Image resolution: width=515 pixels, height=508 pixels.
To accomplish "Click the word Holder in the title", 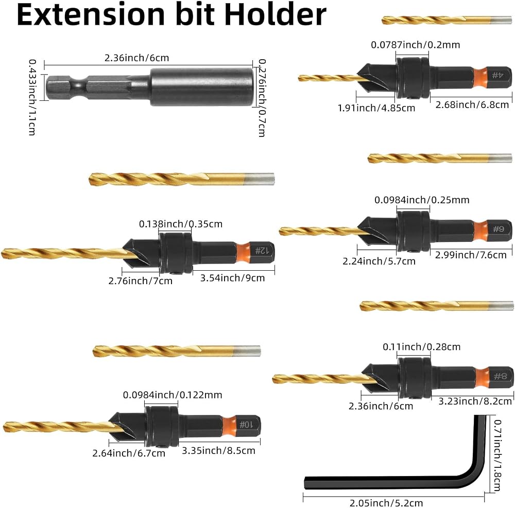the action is point(276,14).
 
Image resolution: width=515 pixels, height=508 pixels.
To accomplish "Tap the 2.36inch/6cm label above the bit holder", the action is point(136,58).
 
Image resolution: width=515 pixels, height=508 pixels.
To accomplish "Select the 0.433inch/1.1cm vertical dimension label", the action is point(32,97).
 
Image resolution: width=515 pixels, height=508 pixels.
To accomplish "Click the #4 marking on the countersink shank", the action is point(497,75).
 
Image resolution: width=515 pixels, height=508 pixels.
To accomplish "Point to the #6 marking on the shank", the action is point(498,229).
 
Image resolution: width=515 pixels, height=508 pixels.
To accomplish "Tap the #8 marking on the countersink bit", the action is point(500,376).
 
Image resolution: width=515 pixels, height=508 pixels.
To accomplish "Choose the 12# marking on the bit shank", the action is point(262,251).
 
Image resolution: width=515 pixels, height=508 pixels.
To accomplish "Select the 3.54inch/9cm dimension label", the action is point(233,278).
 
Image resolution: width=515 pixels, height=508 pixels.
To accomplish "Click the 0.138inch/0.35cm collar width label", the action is point(181,224).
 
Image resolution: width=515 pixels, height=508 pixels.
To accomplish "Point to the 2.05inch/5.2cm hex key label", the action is point(386,503).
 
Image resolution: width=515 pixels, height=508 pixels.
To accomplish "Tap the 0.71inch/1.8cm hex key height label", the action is point(497,456).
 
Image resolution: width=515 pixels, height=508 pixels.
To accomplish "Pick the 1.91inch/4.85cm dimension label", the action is point(376,108).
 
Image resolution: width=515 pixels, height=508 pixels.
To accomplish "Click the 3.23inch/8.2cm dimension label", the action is point(475,401).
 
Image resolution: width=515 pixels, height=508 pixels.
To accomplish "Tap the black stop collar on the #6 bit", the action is point(413,232).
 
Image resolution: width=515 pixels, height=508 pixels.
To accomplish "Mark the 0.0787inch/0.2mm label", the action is point(416,45).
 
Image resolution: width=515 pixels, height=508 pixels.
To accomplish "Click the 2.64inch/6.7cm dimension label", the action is point(129,453).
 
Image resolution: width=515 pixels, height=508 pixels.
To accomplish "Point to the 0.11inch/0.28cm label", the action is point(422,346).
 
